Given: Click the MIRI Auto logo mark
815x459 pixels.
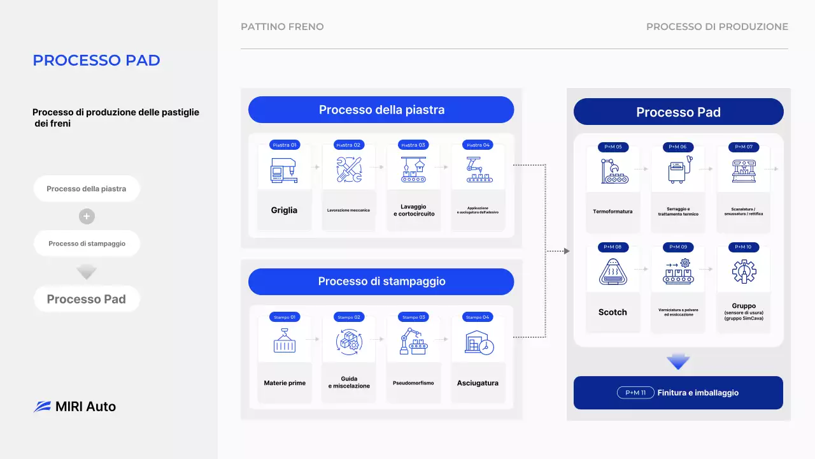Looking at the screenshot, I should (42, 407).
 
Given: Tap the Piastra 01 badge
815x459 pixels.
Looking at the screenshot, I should (285, 145).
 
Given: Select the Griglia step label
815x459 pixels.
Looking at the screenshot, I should (284, 210).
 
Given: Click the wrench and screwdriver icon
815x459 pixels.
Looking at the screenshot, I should (349, 170).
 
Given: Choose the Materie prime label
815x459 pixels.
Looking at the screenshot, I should (285, 383).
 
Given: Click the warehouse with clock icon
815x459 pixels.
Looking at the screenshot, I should (478, 343).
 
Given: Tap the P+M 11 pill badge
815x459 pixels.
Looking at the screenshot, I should (635, 393).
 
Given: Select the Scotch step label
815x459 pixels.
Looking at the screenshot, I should (613, 312).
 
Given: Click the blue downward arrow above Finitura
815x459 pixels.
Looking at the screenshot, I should (678, 362).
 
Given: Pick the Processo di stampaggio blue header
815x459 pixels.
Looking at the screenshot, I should (381, 282).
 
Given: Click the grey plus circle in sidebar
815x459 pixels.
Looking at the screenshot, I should (87, 216).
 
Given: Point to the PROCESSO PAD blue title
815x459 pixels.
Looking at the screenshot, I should (96, 61).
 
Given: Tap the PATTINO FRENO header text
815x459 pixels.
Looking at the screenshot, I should (282, 27).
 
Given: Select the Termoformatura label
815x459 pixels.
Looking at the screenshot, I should (613, 211).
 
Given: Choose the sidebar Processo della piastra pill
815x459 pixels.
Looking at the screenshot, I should (87, 189).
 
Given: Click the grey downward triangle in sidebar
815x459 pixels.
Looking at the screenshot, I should (87, 273).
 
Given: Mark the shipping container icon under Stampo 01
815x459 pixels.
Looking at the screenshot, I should (285, 342).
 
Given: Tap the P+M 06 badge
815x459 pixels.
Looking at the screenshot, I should (678, 147).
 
